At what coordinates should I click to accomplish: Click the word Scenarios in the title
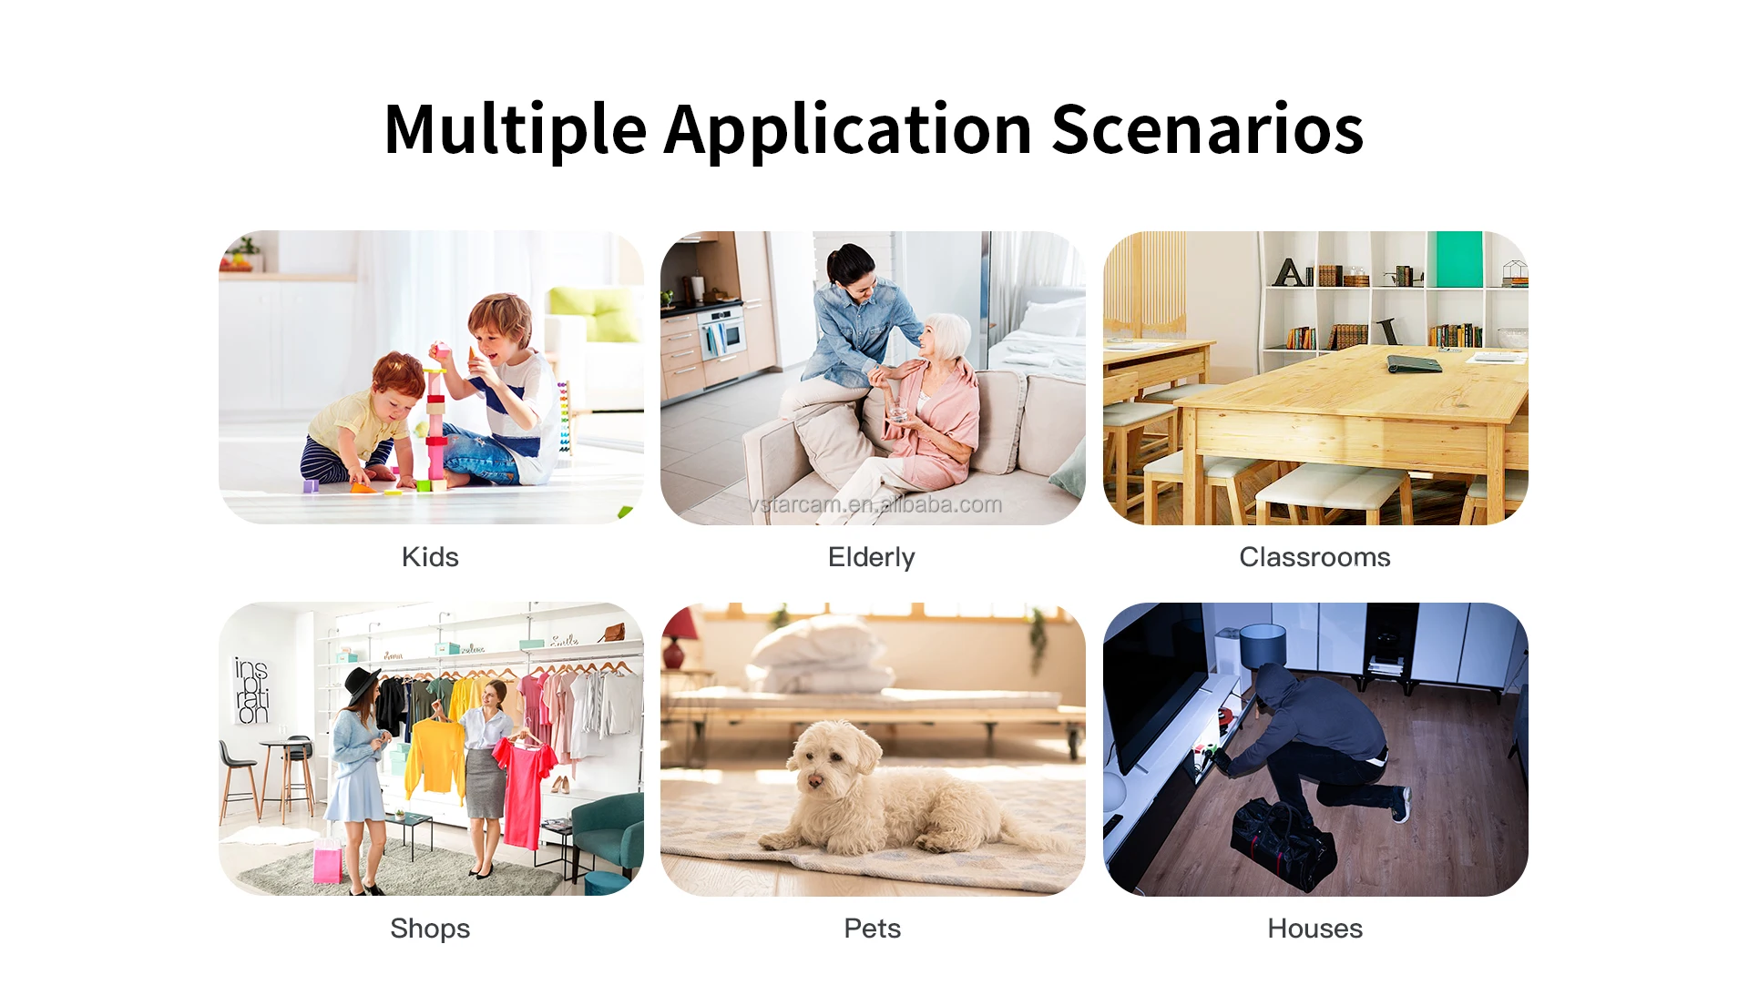pos(1207,128)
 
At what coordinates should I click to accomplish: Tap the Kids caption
pos(430,556)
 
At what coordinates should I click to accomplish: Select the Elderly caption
pos(872,557)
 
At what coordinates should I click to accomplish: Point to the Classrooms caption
pos(1314,556)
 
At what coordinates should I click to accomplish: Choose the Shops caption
pos(430,929)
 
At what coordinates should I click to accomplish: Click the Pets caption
pos(872,929)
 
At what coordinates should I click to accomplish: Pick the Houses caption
pos(1314,929)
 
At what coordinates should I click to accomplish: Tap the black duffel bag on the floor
pos(1283,842)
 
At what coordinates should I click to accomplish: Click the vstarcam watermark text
pos(875,504)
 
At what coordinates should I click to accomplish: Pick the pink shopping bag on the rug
pos(327,860)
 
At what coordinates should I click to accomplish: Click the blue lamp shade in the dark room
pos(1263,644)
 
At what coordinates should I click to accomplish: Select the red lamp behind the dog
pos(674,641)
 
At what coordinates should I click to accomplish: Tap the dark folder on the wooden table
pos(1414,364)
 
